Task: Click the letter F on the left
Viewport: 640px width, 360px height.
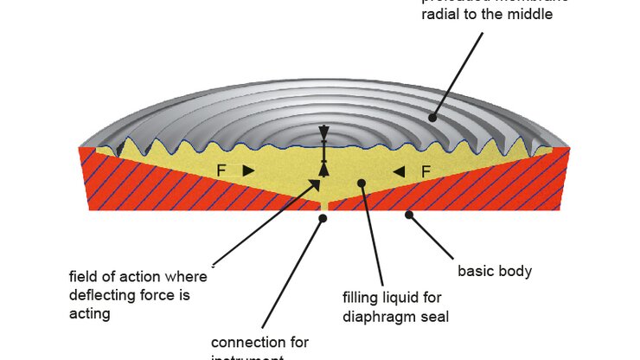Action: pos(222,171)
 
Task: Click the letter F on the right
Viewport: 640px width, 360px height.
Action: pos(426,172)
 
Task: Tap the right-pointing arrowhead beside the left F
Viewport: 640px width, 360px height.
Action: pos(247,171)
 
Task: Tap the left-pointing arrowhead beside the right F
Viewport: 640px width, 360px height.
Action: pos(399,172)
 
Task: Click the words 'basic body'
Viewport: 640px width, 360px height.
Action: pos(494,272)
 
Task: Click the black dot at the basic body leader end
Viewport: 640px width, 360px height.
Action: pos(408,214)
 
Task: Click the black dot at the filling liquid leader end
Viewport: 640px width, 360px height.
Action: pos(363,183)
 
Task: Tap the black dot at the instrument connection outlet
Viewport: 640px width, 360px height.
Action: pos(323,218)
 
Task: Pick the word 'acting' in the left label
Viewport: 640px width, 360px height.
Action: pos(90,313)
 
